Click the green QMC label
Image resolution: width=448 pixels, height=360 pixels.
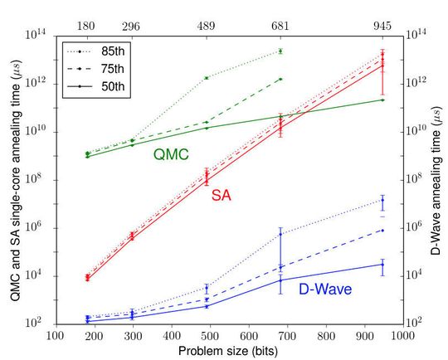[x=172, y=153]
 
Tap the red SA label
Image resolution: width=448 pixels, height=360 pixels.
[x=222, y=194]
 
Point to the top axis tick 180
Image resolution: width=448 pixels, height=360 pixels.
[x=87, y=26]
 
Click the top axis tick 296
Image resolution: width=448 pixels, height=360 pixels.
[x=132, y=26]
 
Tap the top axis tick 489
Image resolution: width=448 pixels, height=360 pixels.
[x=207, y=26]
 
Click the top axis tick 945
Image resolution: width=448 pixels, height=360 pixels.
[x=382, y=26]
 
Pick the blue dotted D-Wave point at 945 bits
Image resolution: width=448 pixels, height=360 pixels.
[x=382, y=201]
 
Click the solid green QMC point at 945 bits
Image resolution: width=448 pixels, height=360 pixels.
[x=382, y=100]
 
